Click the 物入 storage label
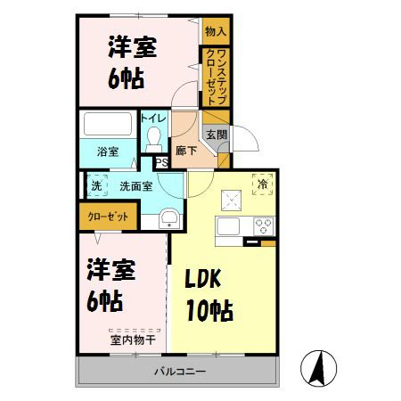point(215,32)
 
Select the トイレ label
point(152,118)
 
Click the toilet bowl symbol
point(153,136)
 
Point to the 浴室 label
point(107,152)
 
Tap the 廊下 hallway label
point(186,151)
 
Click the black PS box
point(162,162)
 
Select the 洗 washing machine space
point(96,186)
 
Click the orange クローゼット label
point(108,217)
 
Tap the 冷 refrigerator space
point(262,184)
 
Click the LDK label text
point(209,280)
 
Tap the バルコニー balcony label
point(180,370)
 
